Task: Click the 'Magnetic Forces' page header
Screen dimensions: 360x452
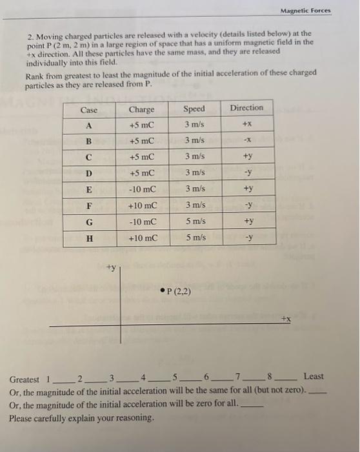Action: pos(305,10)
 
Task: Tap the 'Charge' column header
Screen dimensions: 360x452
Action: pos(141,109)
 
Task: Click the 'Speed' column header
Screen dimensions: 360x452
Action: pos(194,109)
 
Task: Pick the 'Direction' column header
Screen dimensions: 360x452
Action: pos(246,108)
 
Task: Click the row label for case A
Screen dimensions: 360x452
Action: pos(89,125)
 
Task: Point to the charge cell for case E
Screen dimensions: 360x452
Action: pos(141,190)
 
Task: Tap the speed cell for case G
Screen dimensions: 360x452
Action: pos(194,222)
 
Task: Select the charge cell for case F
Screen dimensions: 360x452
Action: pos(141,206)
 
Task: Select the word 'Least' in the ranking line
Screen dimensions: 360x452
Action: pos(314,376)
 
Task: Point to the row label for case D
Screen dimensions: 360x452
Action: pos(89,174)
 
